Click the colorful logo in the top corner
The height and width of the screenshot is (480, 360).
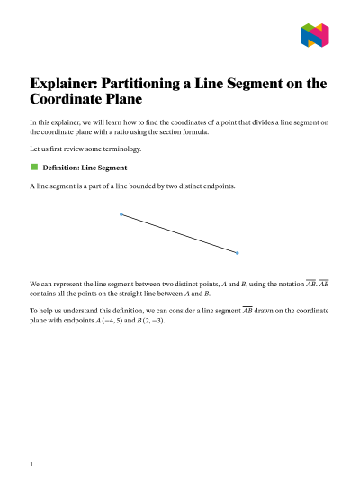314,35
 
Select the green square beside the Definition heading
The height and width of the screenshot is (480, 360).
35,167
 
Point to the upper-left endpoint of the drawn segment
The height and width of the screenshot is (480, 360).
121,214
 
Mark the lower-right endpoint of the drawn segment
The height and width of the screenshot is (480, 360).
238,252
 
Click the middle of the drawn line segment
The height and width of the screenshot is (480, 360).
179,233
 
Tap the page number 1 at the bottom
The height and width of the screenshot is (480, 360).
31,465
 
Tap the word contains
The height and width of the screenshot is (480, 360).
45,294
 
